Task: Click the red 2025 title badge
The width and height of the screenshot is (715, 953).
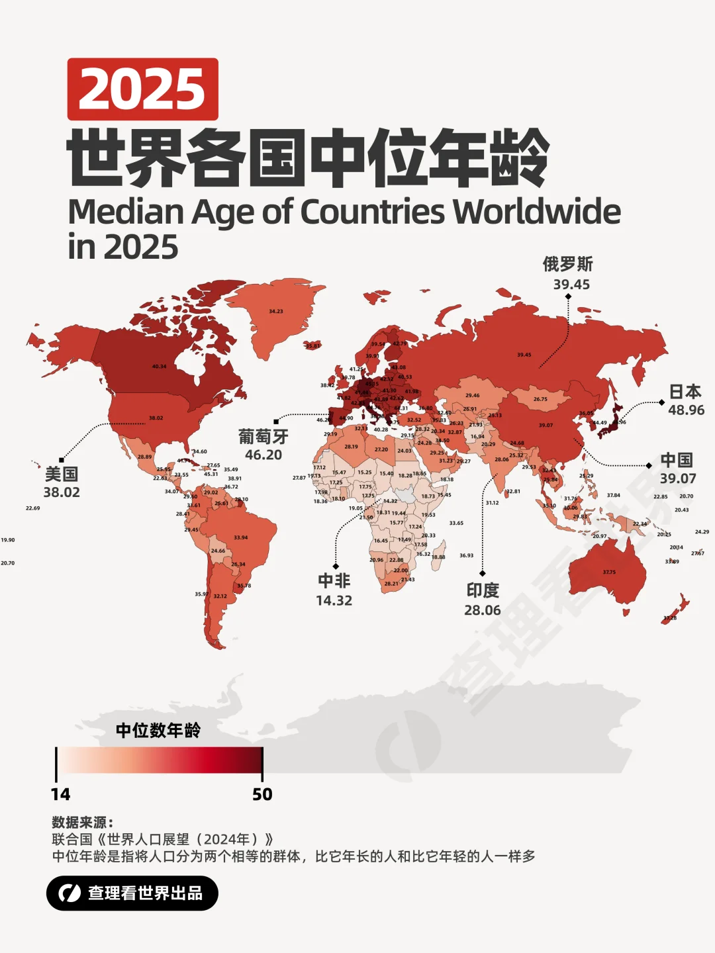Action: pos(142,89)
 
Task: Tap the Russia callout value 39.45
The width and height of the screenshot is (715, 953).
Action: pos(571,285)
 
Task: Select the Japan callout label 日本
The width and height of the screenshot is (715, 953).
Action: pos(685,392)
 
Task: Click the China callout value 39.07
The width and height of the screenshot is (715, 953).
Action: pos(678,478)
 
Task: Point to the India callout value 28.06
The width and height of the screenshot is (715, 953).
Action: pos(482,610)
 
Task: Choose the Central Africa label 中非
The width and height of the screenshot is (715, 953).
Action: pos(334,581)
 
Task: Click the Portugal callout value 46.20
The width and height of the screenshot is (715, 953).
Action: pos(263,455)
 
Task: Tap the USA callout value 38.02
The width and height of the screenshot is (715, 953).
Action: pos(62,492)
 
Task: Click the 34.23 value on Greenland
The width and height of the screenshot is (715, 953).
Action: pos(276,311)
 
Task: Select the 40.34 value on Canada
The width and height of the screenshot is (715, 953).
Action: pos(159,366)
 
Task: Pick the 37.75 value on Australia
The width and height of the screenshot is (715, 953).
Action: pos(609,572)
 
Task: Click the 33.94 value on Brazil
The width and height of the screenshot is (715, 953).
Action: pos(241,537)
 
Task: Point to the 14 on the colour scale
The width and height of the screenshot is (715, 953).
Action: pos(60,794)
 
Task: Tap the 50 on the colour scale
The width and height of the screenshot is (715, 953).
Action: pos(262,794)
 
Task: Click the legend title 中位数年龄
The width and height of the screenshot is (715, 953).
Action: pos(158,731)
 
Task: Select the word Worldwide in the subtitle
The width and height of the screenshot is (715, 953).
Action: pos(537,212)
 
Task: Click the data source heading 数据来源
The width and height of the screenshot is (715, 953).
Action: pos(82,823)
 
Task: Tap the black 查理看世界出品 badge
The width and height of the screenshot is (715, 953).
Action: pos(132,893)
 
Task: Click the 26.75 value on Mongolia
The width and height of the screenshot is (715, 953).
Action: pos(540,399)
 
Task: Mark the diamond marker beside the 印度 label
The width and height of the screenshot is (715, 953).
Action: pos(482,573)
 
